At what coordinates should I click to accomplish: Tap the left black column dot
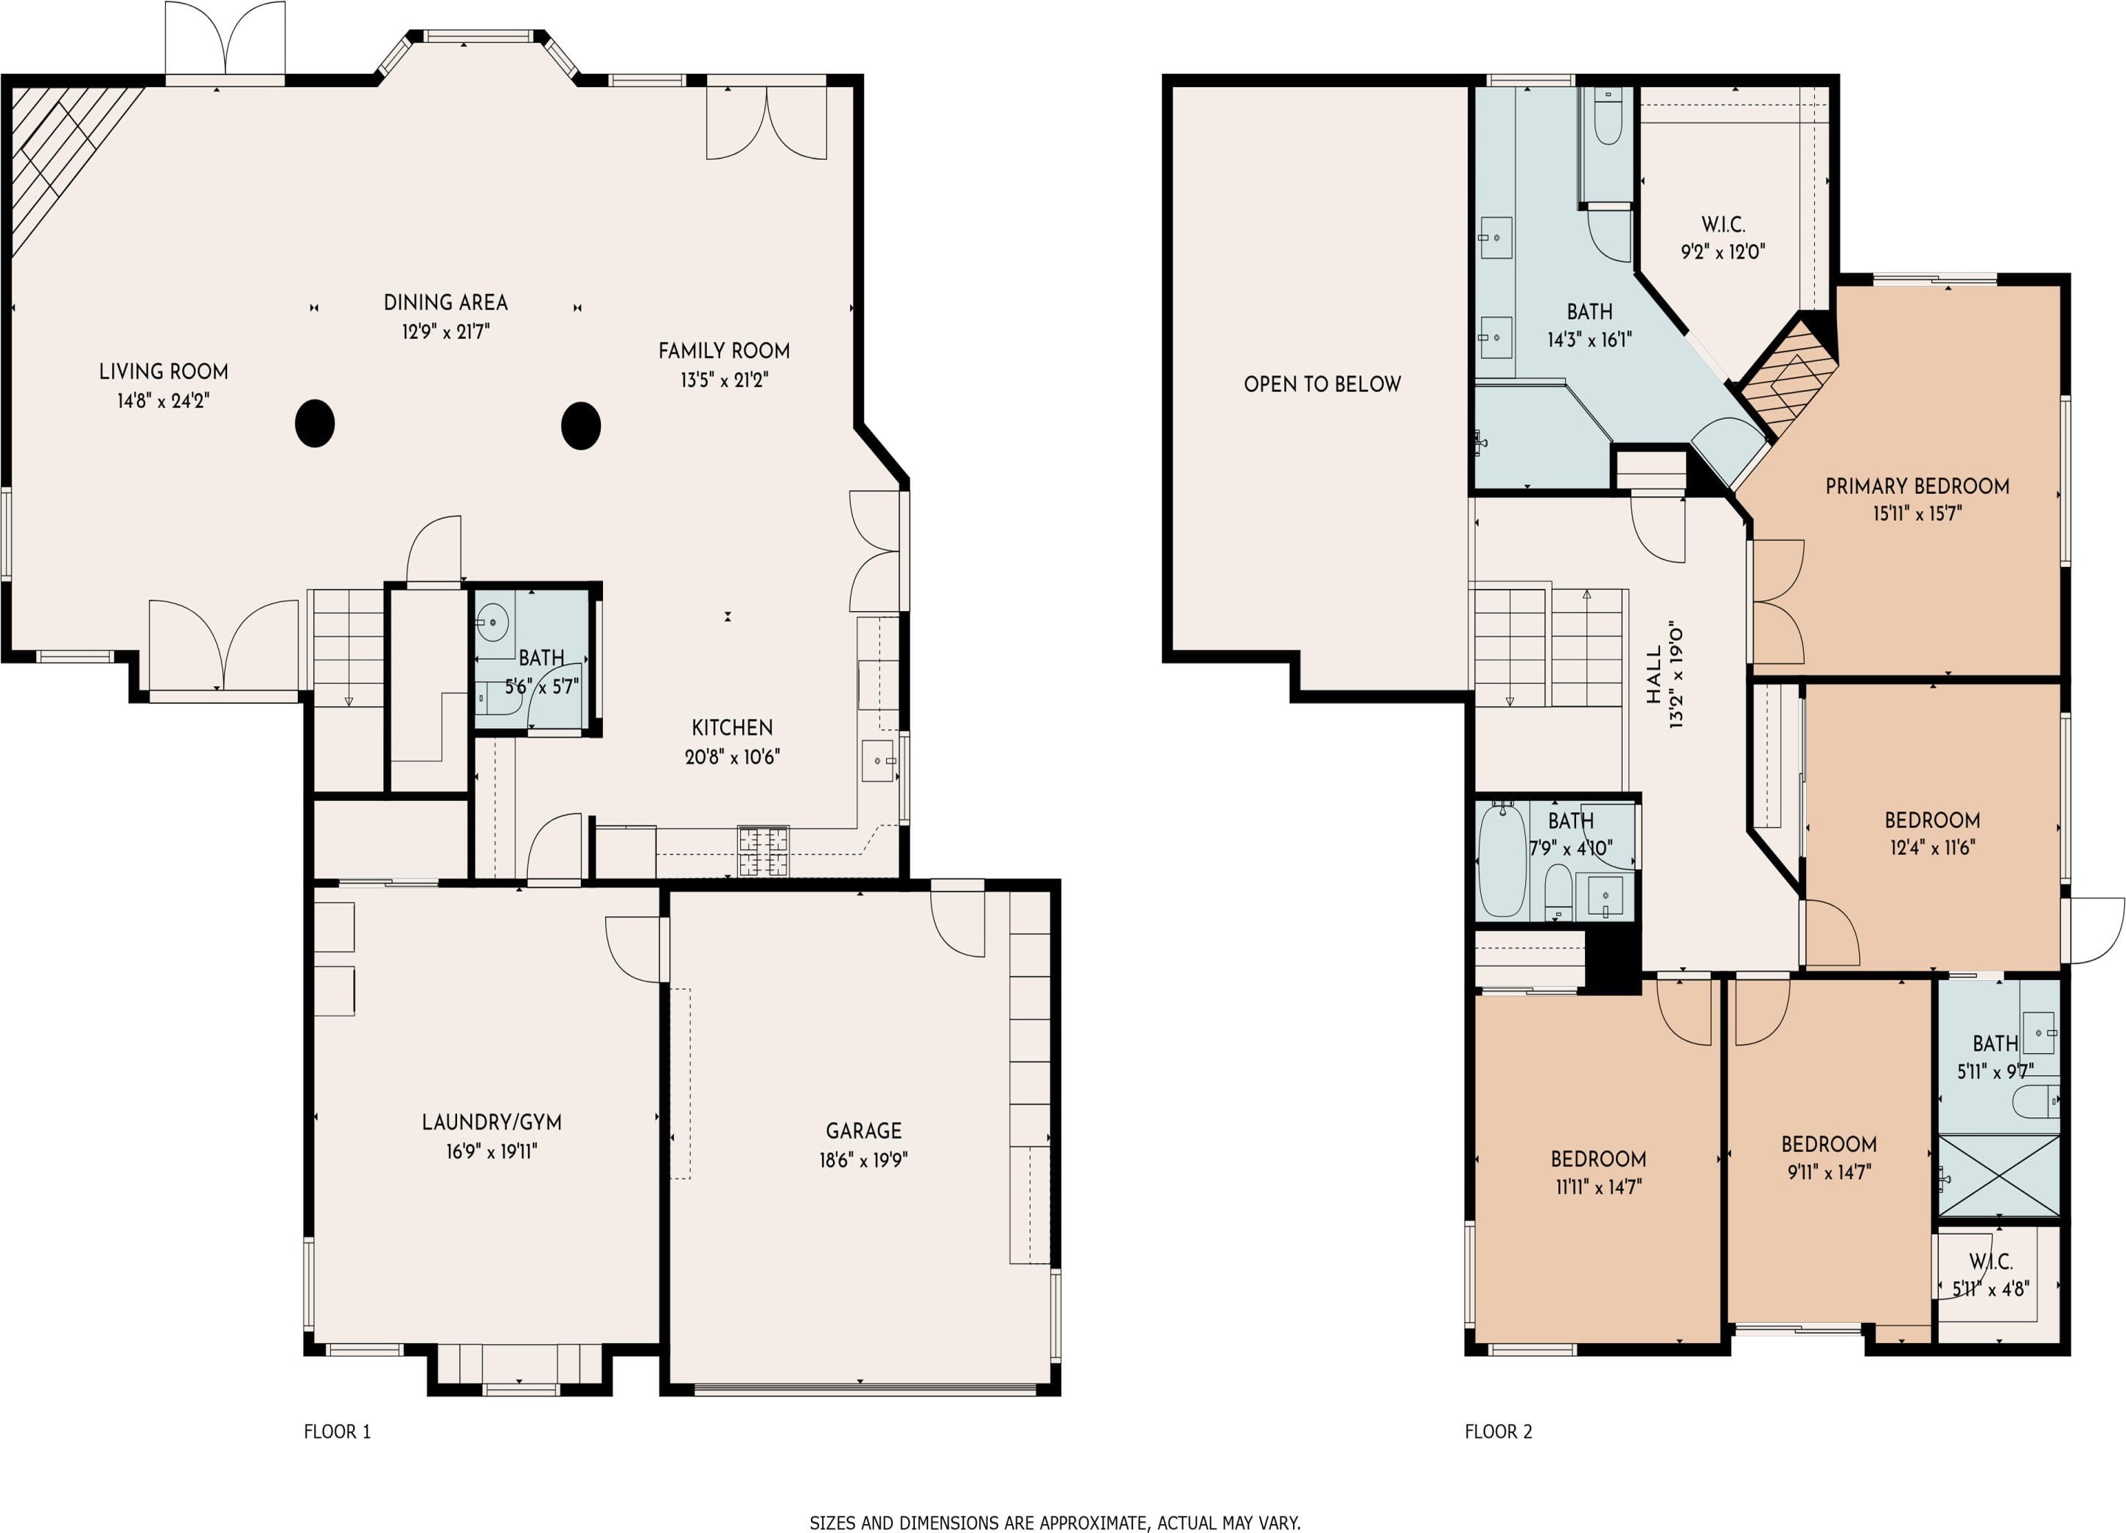tap(315, 424)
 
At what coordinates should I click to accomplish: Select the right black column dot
tap(581, 425)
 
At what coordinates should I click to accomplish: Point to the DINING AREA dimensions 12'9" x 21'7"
tap(446, 332)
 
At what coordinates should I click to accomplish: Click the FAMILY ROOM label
tap(724, 352)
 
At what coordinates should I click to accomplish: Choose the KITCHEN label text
tap(732, 728)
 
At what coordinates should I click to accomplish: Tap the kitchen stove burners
tap(763, 851)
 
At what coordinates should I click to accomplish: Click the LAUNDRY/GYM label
tap(491, 1122)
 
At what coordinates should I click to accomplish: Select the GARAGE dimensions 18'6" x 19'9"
tap(863, 1160)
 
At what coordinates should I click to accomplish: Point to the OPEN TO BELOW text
tap(1322, 384)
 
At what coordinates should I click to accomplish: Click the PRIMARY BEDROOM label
tap(1917, 486)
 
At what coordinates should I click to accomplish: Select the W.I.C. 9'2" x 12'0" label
tap(1723, 238)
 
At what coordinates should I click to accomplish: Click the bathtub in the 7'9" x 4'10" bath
tap(1502, 860)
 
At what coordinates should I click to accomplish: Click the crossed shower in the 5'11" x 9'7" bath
tap(1998, 1176)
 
